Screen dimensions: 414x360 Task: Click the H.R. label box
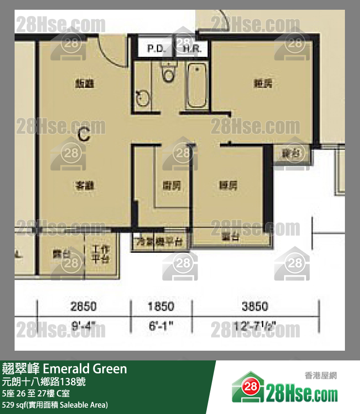click(x=194, y=49)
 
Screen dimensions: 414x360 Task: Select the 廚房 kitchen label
click(x=172, y=186)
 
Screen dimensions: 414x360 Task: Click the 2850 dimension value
click(x=84, y=306)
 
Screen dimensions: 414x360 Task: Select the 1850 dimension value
click(x=161, y=306)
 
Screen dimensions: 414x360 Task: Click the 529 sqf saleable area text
click(x=54, y=405)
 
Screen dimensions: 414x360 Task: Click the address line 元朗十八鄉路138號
click(x=44, y=382)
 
